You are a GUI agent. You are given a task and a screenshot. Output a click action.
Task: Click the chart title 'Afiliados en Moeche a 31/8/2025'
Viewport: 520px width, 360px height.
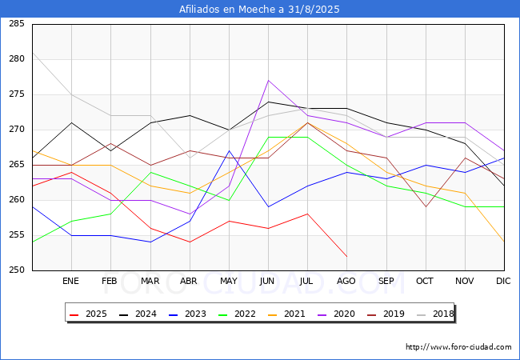pyautogui.click(x=260, y=10)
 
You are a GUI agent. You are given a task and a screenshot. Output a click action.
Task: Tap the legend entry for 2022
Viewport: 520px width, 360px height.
pyautogui.click(x=239, y=314)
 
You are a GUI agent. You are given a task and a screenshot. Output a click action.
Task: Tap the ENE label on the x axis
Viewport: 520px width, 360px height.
pyautogui.click(x=71, y=282)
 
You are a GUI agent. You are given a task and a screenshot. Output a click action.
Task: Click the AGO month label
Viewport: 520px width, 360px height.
pyautogui.click(x=346, y=282)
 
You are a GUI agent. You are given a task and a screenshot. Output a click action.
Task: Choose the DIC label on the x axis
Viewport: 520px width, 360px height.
pyautogui.click(x=503, y=282)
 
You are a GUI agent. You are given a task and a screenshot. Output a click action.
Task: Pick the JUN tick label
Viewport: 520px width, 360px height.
pyautogui.click(x=268, y=282)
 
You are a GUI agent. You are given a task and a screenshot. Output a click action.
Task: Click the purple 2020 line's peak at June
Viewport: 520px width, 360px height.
pyautogui.click(x=268, y=80)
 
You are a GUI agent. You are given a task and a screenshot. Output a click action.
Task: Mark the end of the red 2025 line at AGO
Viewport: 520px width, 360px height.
pyautogui.click(x=346, y=256)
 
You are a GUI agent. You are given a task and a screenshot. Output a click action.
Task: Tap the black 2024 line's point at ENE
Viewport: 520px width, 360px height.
pyautogui.click(x=72, y=122)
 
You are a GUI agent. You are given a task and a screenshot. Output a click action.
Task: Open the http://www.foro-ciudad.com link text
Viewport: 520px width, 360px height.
pyautogui.click(x=458, y=347)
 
